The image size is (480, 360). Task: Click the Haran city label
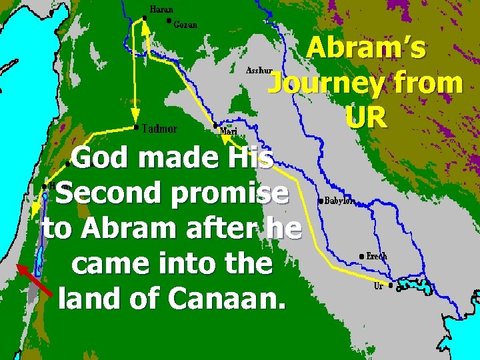(161, 10)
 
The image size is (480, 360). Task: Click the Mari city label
(229, 131)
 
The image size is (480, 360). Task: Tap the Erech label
(377, 256)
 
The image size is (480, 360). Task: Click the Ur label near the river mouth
(379, 286)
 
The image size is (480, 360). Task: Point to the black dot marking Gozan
(169, 20)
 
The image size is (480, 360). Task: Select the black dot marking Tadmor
(136, 127)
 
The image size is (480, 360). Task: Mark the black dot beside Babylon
(321, 200)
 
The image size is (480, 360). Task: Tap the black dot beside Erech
(361, 256)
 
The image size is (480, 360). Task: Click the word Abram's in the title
(368, 51)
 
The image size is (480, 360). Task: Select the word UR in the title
(366, 118)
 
